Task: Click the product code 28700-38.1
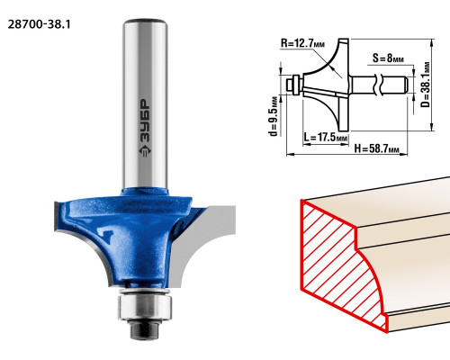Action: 39,24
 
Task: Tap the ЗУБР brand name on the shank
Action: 146,121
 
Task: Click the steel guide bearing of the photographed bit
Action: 145,307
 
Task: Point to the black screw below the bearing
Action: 144,329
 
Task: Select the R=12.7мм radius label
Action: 302,43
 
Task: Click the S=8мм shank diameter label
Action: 388,58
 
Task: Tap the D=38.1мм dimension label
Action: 426,85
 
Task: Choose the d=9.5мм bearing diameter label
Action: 274,116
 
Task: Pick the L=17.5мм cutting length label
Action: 325,138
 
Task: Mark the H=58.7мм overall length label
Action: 376,148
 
